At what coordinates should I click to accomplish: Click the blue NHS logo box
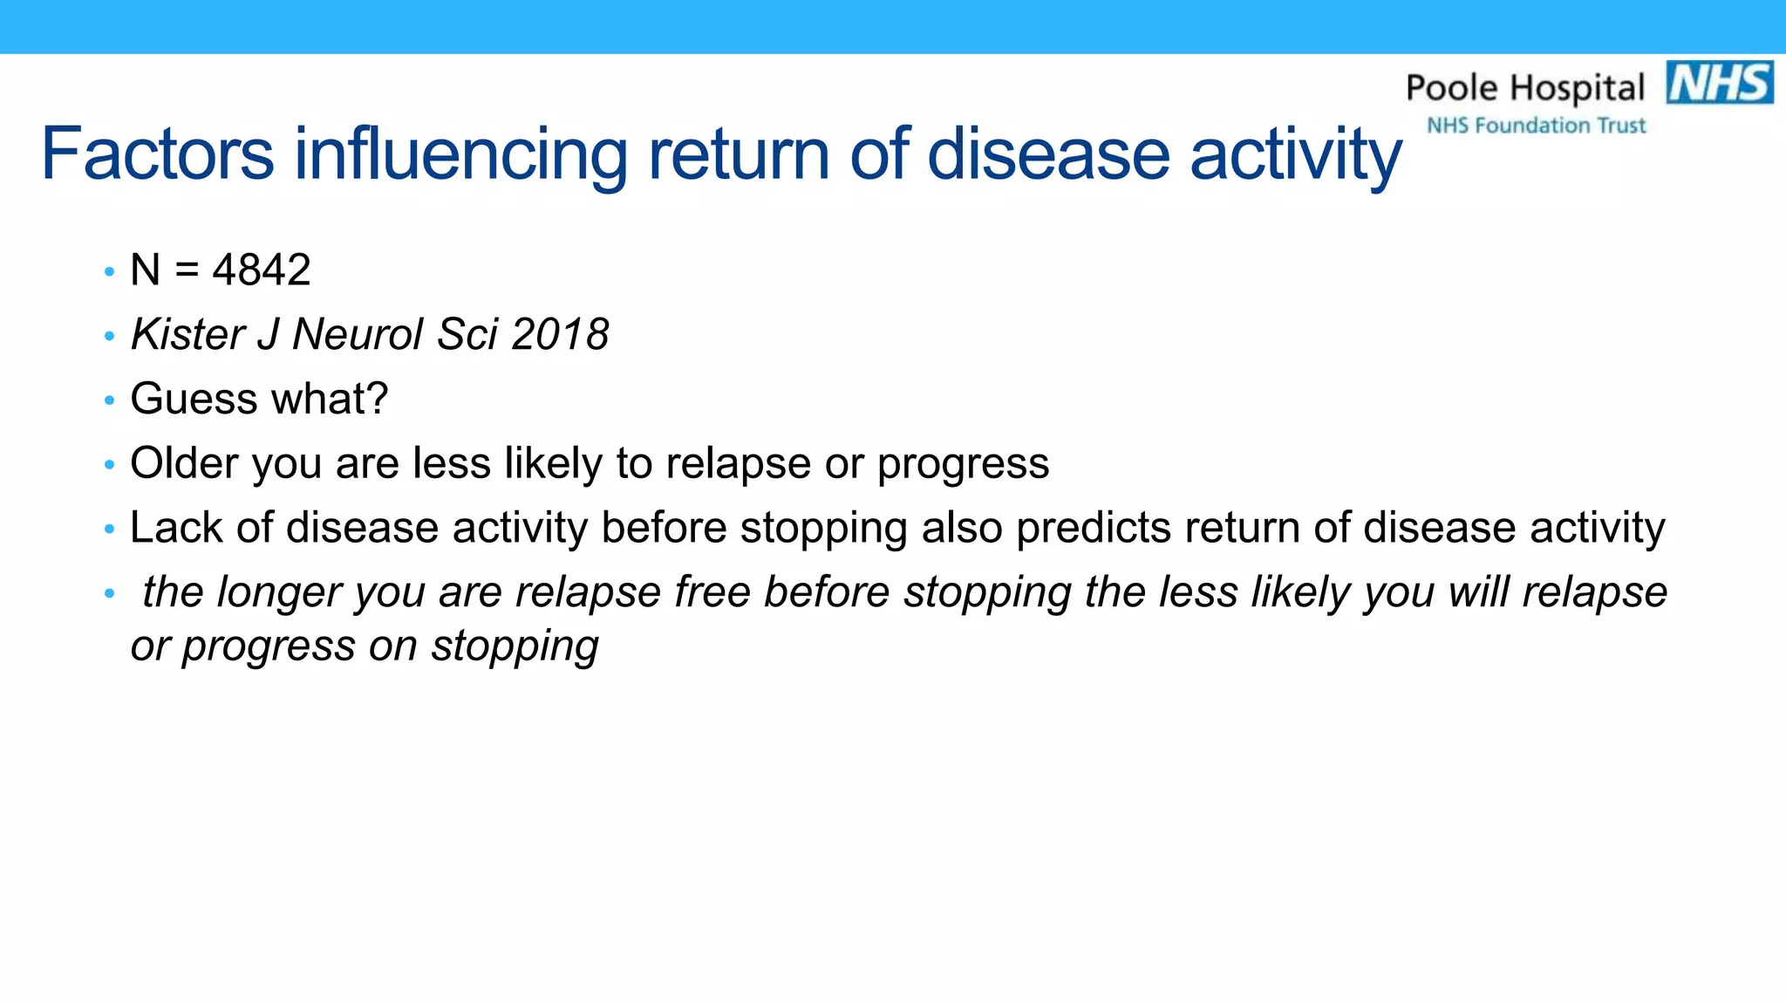[1719, 83]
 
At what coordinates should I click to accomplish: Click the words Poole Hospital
[1525, 88]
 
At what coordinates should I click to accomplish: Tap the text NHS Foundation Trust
[1536, 126]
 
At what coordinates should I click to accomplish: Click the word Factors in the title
[157, 154]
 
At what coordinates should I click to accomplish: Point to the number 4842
[262, 270]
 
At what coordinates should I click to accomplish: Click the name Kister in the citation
[187, 334]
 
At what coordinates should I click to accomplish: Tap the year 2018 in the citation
[560, 334]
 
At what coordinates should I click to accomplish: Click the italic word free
[712, 592]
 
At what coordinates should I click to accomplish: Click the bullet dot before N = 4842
[109, 271]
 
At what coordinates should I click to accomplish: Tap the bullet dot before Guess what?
[109, 400]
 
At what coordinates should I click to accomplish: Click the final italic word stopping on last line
[515, 646]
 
